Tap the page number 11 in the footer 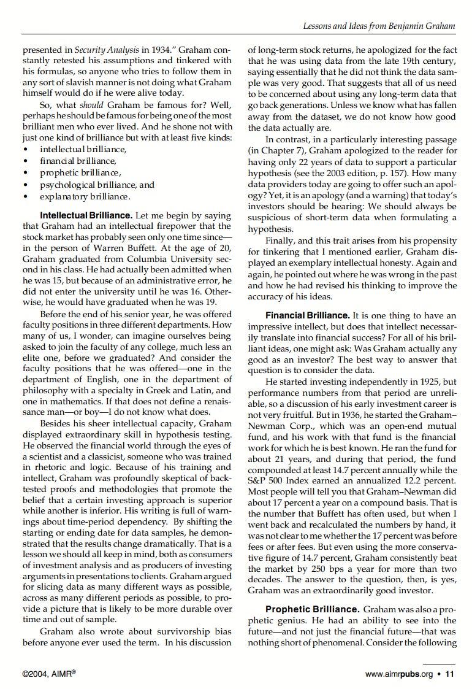[450, 674]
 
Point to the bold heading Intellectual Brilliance [86, 215]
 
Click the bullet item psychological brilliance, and [97, 185]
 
